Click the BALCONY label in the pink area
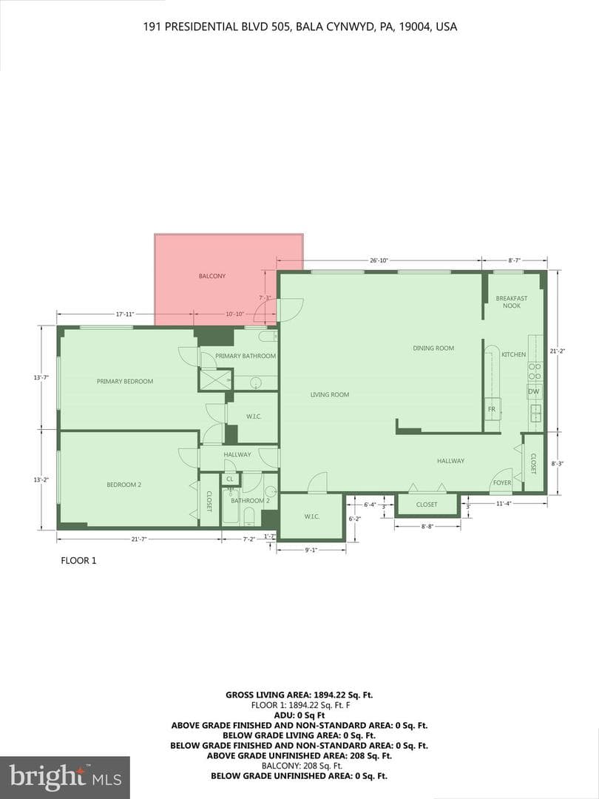coord(212,276)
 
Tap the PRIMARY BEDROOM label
coord(125,381)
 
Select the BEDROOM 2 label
coord(123,485)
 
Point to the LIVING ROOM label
coord(330,394)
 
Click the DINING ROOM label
coord(433,348)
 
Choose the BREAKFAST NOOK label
coord(512,302)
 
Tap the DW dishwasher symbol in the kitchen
coord(533,391)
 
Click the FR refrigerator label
coord(492,409)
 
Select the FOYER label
coord(501,482)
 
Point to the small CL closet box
coord(230,479)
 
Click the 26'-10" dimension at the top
coord(379,260)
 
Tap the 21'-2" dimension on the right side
coord(558,351)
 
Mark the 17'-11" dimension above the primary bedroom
coord(124,314)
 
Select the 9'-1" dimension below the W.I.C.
coord(311,550)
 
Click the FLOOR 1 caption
coord(78,561)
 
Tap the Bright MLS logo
coord(64,778)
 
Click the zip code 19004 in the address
coord(413,27)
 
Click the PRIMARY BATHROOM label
coord(246,356)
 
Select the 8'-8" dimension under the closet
coord(427,527)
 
